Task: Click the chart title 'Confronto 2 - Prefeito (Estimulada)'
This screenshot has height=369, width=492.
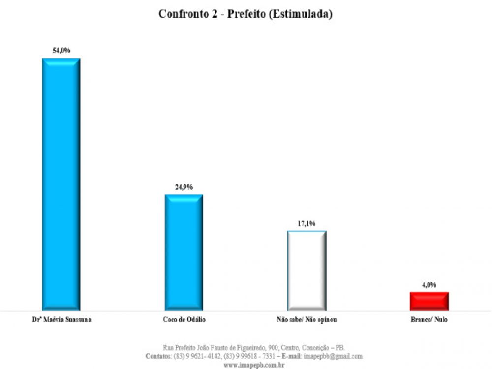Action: pyautogui.click(x=245, y=14)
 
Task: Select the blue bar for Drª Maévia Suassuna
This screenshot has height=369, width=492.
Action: pyautogui.click(x=61, y=184)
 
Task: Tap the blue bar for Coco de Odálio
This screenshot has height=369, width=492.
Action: pyautogui.click(x=184, y=252)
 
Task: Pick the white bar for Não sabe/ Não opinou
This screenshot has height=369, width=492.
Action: pyautogui.click(x=307, y=271)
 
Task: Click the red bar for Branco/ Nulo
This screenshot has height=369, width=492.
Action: pyautogui.click(x=429, y=301)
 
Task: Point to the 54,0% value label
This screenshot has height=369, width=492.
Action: pyautogui.click(x=62, y=51)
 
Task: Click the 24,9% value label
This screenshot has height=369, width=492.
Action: pyautogui.click(x=184, y=187)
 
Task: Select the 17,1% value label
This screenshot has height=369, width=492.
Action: pyautogui.click(x=307, y=224)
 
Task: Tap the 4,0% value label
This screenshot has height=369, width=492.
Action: pyautogui.click(x=429, y=285)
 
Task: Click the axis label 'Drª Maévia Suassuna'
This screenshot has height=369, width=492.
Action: pyautogui.click(x=61, y=320)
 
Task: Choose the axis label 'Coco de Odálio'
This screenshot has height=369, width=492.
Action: pyautogui.click(x=184, y=320)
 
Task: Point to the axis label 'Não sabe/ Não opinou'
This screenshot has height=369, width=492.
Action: pyautogui.click(x=307, y=320)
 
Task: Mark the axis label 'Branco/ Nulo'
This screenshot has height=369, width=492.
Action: pyautogui.click(x=429, y=320)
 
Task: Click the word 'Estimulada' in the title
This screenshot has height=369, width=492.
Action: pyautogui.click(x=305, y=14)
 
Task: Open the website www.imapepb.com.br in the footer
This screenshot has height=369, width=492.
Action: pyautogui.click(x=254, y=365)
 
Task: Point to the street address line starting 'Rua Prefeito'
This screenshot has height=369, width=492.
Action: pyautogui.click(x=254, y=347)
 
